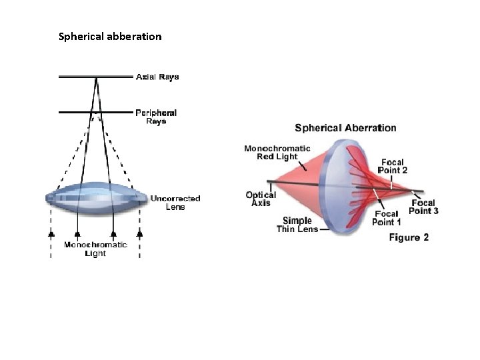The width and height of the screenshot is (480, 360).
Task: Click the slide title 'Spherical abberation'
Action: pyautogui.click(x=110, y=37)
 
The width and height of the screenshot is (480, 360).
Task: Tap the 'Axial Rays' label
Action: pyautogui.click(x=157, y=77)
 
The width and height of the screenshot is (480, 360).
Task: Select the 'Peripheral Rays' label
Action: pyautogui.click(x=156, y=117)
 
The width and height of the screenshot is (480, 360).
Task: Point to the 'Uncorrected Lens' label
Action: pyautogui.click(x=175, y=202)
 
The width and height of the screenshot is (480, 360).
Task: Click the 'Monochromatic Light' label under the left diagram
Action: pyautogui.click(x=95, y=249)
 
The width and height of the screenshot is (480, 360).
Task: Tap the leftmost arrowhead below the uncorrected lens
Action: pyautogui.click(x=51, y=235)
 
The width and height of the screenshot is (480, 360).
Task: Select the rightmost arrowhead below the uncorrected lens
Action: pyautogui.click(x=139, y=235)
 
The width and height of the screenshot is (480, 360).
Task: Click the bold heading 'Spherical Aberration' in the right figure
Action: pyautogui.click(x=345, y=128)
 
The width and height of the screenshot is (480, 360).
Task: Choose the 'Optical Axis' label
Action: pyautogui.click(x=260, y=199)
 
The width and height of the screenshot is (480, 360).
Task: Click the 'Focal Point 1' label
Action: pyautogui.click(x=387, y=218)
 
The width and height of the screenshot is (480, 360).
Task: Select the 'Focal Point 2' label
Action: pyautogui.click(x=392, y=166)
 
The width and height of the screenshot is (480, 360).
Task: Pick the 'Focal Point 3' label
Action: pyautogui.click(x=423, y=207)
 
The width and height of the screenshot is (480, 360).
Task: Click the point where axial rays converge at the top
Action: pyautogui.click(x=97, y=79)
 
